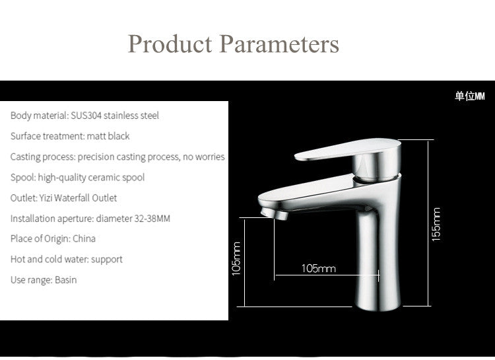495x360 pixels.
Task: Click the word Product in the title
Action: (x=170, y=44)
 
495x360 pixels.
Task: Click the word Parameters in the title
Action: (x=279, y=44)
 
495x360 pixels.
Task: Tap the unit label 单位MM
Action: (x=469, y=96)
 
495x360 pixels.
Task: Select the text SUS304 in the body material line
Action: (x=86, y=116)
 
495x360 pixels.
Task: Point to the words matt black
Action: (x=108, y=136)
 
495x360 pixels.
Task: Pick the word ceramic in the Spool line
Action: (x=104, y=177)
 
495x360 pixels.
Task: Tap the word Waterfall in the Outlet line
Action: (x=72, y=198)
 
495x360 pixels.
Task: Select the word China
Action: (x=84, y=238)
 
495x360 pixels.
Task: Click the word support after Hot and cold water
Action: (x=107, y=260)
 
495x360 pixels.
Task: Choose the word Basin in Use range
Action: (x=65, y=280)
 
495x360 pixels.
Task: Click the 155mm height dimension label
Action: (x=436, y=225)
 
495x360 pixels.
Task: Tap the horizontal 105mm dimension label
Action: (x=319, y=269)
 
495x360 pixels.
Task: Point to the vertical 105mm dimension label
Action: (x=236, y=258)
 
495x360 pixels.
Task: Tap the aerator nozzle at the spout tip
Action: (x=275, y=213)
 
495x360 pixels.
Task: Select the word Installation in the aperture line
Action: (x=34, y=219)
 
